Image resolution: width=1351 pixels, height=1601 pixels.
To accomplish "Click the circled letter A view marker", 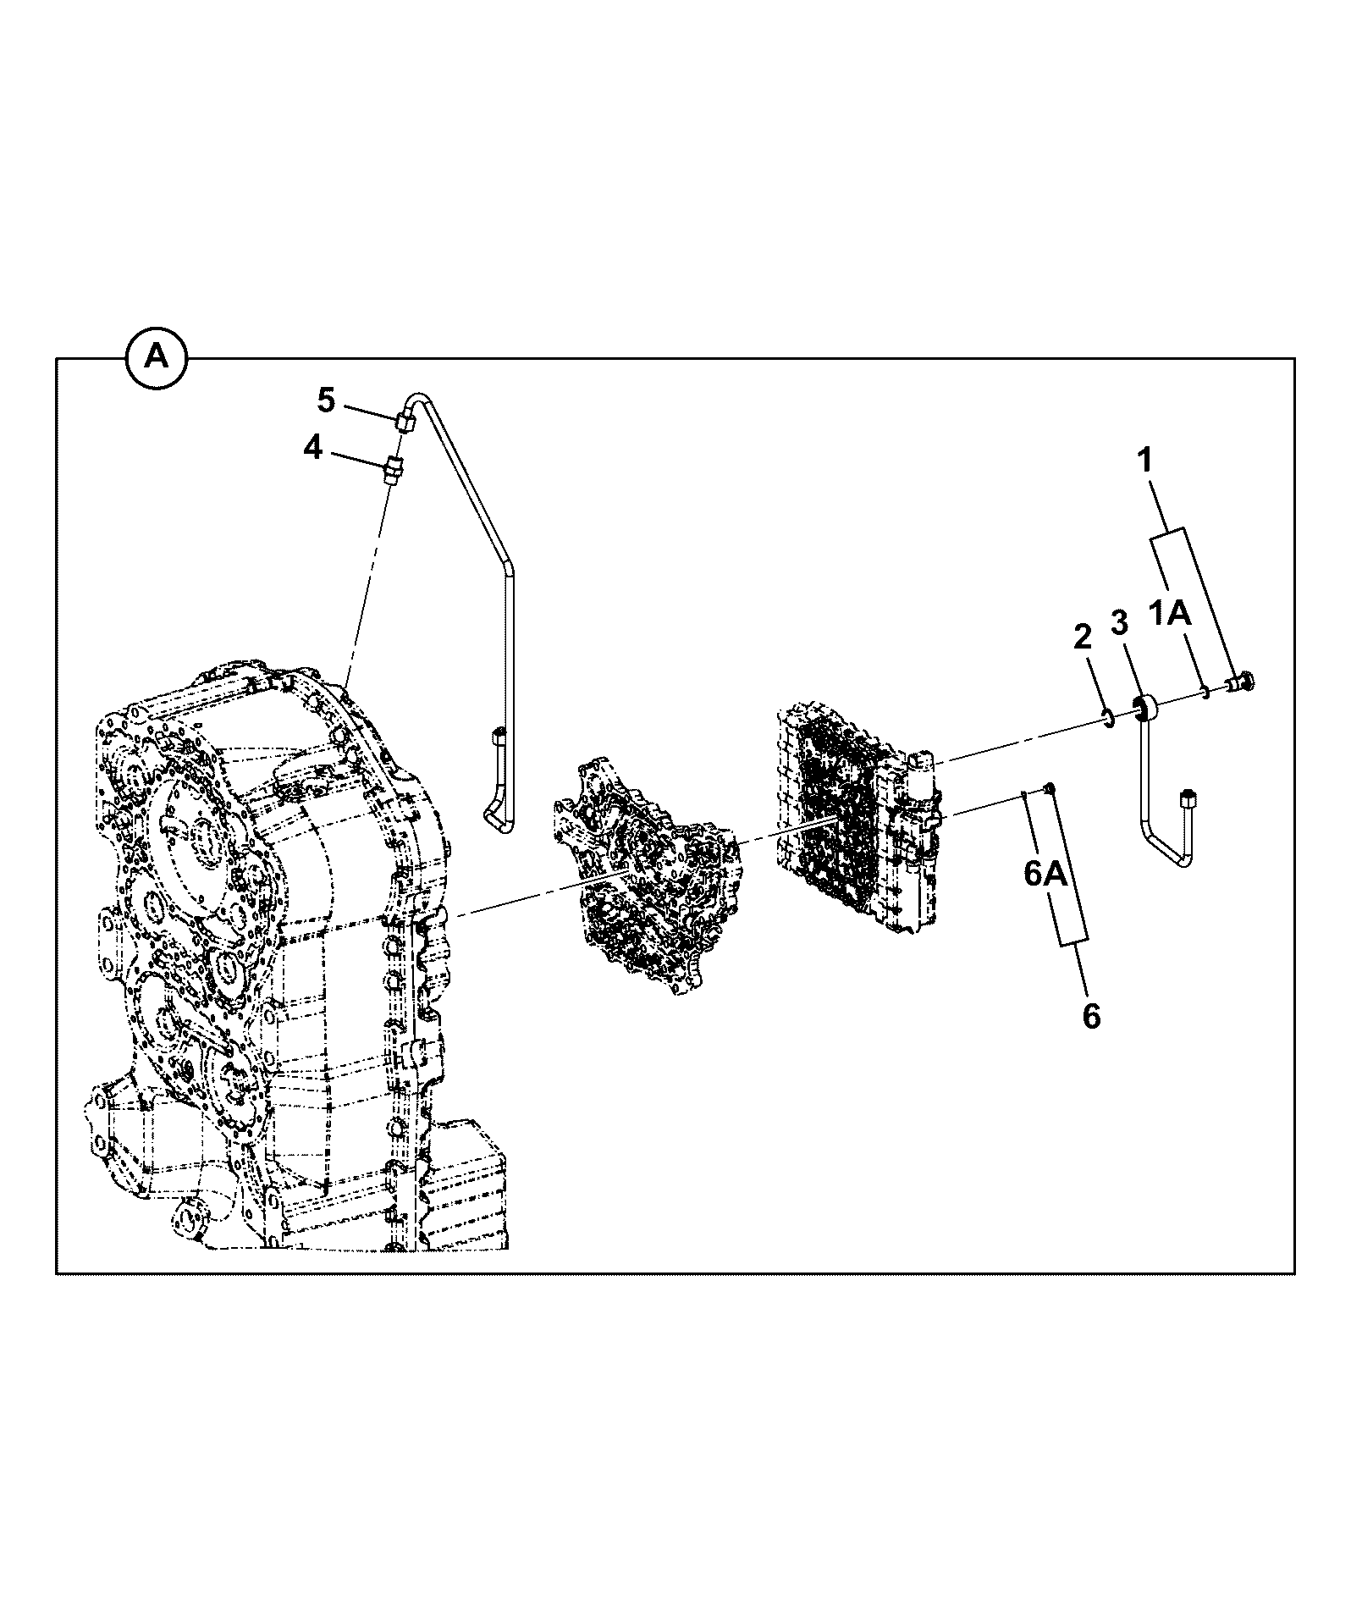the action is click(x=157, y=358).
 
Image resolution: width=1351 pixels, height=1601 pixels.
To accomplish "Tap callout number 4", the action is click(x=314, y=448).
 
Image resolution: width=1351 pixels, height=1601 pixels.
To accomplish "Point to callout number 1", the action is click(x=1144, y=461).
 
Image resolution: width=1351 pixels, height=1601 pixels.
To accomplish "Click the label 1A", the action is click(x=1171, y=613).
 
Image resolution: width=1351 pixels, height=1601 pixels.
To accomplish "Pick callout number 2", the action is click(x=1083, y=638).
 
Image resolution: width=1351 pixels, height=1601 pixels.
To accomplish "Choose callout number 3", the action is click(x=1119, y=624).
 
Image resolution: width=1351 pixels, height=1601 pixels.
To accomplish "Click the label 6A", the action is click(x=1046, y=874).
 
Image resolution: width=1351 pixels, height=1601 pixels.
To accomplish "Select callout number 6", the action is click(x=1092, y=1016).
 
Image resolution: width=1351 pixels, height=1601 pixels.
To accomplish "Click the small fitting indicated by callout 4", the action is click(x=394, y=469).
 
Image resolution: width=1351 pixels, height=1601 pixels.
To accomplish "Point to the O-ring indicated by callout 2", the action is click(x=1106, y=720).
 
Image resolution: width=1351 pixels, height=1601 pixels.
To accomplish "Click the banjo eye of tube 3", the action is click(x=1144, y=707).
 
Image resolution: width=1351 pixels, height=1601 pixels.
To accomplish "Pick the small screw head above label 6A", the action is click(x=1049, y=788).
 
